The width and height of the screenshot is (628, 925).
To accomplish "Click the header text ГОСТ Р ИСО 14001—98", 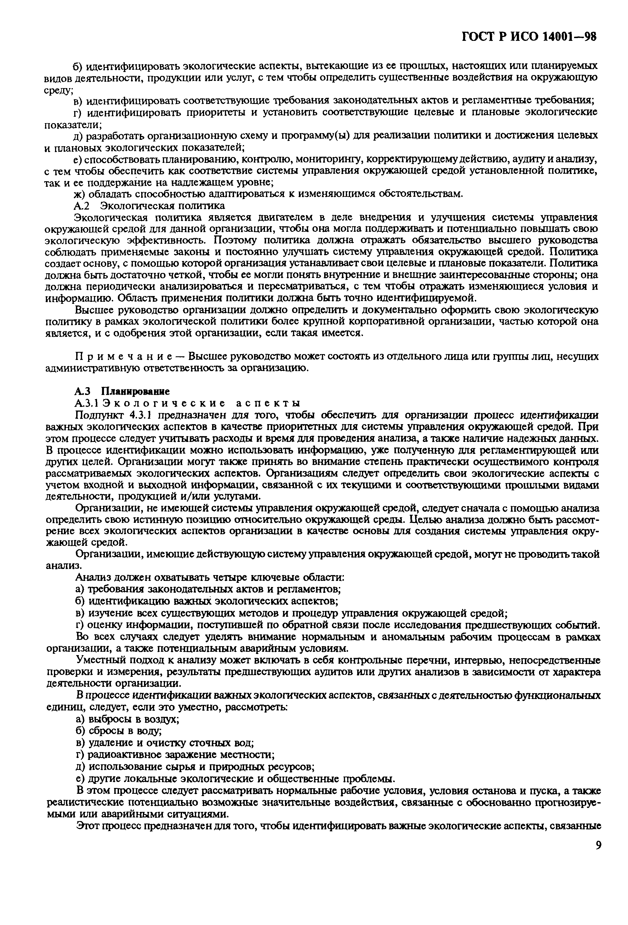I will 529,37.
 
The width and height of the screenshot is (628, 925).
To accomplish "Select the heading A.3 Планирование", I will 122,391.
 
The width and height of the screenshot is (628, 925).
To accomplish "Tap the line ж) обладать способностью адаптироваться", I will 269,194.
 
